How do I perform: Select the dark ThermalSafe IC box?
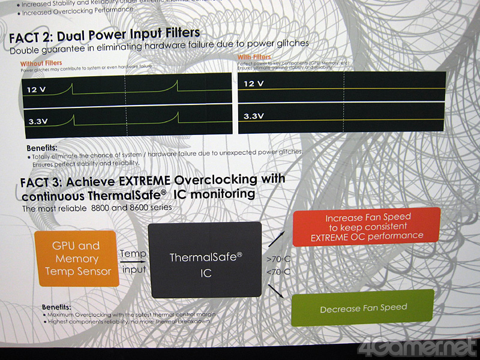click(x=205, y=259)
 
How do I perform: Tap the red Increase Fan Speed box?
click(x=366, y=226)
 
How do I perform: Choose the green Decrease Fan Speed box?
click(x=362, y=308)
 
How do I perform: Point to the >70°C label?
click(x=277, y=260)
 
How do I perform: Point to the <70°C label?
click(x=277, y=272)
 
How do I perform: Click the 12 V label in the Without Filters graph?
click(x=37, y=90)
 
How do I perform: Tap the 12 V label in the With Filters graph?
click(x=254, y=83)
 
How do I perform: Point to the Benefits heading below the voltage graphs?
click(x=42, y=148)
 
